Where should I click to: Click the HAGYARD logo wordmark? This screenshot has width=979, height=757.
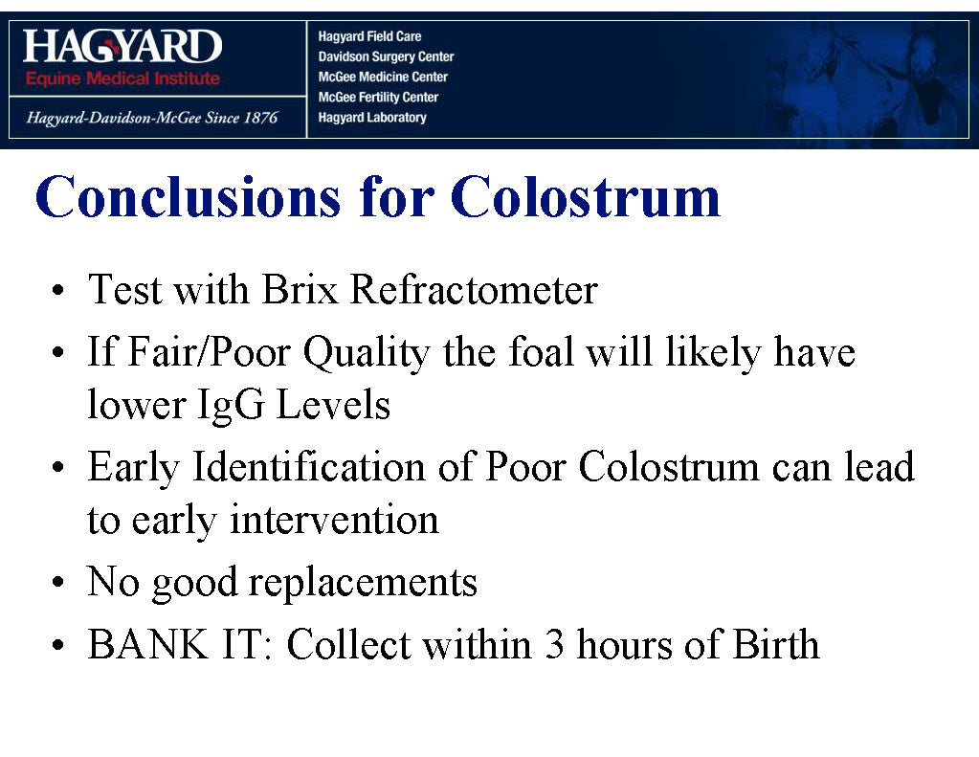(x=122, y=46)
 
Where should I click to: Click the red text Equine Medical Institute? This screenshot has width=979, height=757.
(x=122, y=78)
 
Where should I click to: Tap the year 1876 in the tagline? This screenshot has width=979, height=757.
(x=259, y=118)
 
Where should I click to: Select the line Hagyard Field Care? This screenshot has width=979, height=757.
(x=369, y=36)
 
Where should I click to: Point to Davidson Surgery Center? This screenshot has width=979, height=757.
(x=386, y=56)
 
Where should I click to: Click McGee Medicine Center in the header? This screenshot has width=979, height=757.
(x=383, y=77)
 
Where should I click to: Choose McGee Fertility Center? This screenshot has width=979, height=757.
(x=378, y=97)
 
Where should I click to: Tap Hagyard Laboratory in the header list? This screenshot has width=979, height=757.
(x=372, y=118)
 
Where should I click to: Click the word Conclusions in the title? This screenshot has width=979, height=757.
(x=188, y=197)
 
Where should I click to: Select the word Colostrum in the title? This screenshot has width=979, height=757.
(x=585, y=197)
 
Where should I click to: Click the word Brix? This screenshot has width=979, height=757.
(x=300, y=290)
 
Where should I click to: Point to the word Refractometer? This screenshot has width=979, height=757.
(x=474, y=290)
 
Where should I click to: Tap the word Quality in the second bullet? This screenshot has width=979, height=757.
(x=367, y=354)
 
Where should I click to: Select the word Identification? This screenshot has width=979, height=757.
(x=308, y=467)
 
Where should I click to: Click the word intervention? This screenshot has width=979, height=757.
(x=334, y=520)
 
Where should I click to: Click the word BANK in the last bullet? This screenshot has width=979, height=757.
(x=148, y=644)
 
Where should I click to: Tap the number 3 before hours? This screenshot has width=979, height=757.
(x=554, y=644)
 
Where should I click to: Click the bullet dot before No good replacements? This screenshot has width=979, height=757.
(x=58, y=583)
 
